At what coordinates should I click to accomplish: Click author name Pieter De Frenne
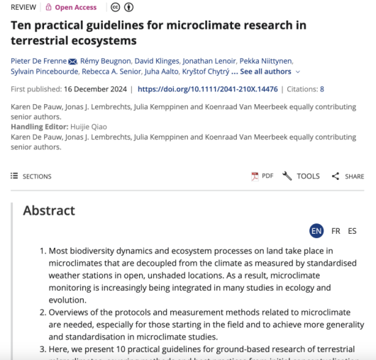tap(38, 60)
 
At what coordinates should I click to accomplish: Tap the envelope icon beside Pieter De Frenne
tap(72, 61)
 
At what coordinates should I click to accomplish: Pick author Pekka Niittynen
tap(266, 60)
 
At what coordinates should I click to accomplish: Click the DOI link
tap(207, 89)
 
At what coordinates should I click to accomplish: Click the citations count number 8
tap(322, 89)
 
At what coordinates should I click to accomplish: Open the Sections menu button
tap(31, 176)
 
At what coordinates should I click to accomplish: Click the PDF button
tap(262, 176)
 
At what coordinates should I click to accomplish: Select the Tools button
tap(302, 176)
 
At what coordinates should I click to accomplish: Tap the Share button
tap(348, 176)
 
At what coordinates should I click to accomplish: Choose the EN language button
tap(316, 231)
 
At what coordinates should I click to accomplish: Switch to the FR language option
tap(336, 231)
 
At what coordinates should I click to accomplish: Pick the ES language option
tap(352, 231)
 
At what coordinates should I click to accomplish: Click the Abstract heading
tap(49, 210)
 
